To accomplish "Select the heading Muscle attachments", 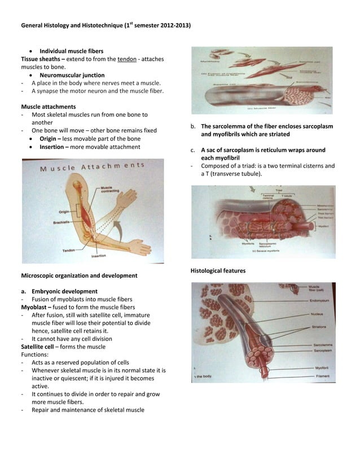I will pos(49,107).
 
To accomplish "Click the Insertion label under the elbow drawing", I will pos(99,256).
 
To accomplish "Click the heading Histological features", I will pos(218,271).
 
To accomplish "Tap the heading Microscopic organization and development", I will pos(79,275).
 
